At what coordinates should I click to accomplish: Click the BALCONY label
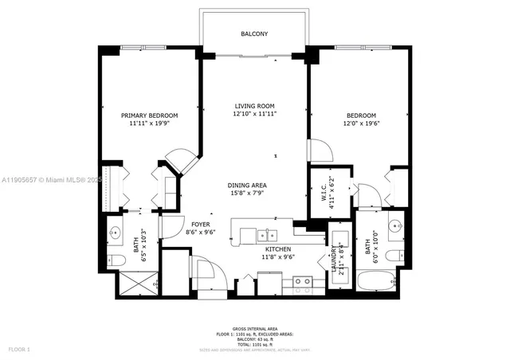[x=254, y=34]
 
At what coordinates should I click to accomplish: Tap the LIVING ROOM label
[x=254, y=106]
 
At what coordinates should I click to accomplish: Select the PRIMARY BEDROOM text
[x=150, y=115]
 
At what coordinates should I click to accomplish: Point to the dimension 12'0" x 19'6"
[x=359, y=123]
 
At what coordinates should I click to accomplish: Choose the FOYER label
[x=200, y=225]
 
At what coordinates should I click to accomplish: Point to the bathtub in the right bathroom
[x=375, y=283]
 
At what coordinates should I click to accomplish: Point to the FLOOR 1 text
[x=18, y=350]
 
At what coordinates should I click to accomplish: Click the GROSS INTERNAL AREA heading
[x=254, y=327]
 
